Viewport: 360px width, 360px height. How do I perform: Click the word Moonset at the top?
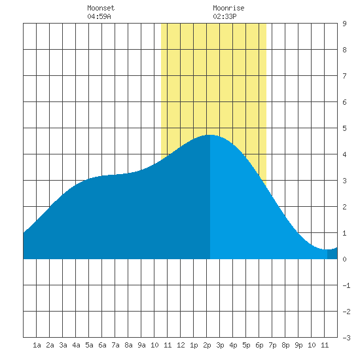pyautogui.click(x=101, y=8)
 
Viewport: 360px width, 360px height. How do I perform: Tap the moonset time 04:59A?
pyautogui.click(x=99, y=16)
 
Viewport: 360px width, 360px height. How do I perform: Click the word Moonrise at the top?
pyautogui.click(x=228, y=8)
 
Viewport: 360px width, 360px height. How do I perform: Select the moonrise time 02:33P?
pyautogui.click(x=225, y=16)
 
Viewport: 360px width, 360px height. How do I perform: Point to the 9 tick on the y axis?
pyautogui.click(x=344, y=24)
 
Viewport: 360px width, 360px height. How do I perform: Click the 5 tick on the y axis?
pyautogui.click(x=344, y=128)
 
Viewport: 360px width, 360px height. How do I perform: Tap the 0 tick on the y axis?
pyautogui.click(x=344, y=259)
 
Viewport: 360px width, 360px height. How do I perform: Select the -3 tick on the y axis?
pyautogui.click(x=346, y=338)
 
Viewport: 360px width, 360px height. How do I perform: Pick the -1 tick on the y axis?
pyautogui.click(x=346, y=285)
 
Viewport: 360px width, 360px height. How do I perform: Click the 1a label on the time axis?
pyautogui.click(x=37, y=345)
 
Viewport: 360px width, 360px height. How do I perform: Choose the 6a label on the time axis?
pyautogui.click(x=102, y=345)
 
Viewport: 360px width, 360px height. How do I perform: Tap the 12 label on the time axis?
pyautogui.click(x=181, y=345)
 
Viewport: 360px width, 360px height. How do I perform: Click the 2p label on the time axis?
pyautogui.click(x=207, y=345)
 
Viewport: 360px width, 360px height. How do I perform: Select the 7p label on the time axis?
pyautogui.click(x=272, y=345)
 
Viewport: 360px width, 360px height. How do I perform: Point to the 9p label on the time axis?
pyautogui.click(x=298, y=345)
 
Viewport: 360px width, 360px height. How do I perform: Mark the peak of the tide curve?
pyautogui.click(x=210, y=135)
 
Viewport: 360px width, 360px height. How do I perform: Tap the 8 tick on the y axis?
pyautogui.click(x=344, y=50)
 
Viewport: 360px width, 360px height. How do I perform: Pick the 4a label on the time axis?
pyautogui.click(x=76, y=345)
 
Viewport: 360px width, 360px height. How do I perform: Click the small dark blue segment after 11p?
pyautogui.click(x=333, y=254)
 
